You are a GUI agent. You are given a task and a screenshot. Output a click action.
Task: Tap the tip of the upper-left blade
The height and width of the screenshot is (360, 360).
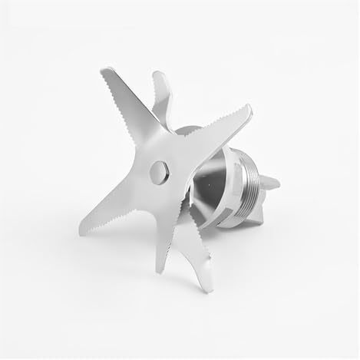tap(103, 73)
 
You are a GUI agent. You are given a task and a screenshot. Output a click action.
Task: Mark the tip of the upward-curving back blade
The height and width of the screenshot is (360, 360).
tap(159, 74)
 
